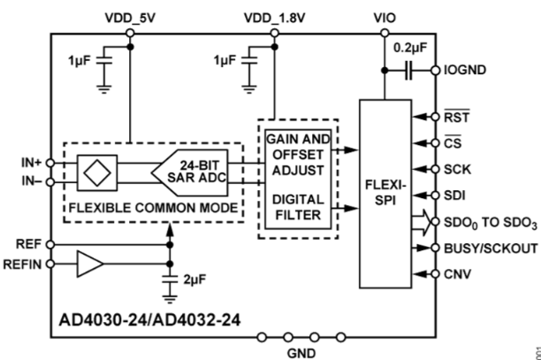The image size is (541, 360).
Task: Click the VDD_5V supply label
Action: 129,15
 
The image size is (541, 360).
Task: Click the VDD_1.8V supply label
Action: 275,15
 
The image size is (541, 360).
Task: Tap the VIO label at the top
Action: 385,15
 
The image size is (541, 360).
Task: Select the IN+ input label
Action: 32,163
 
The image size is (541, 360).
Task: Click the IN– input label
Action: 32,182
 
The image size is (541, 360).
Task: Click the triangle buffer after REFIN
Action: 88,263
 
